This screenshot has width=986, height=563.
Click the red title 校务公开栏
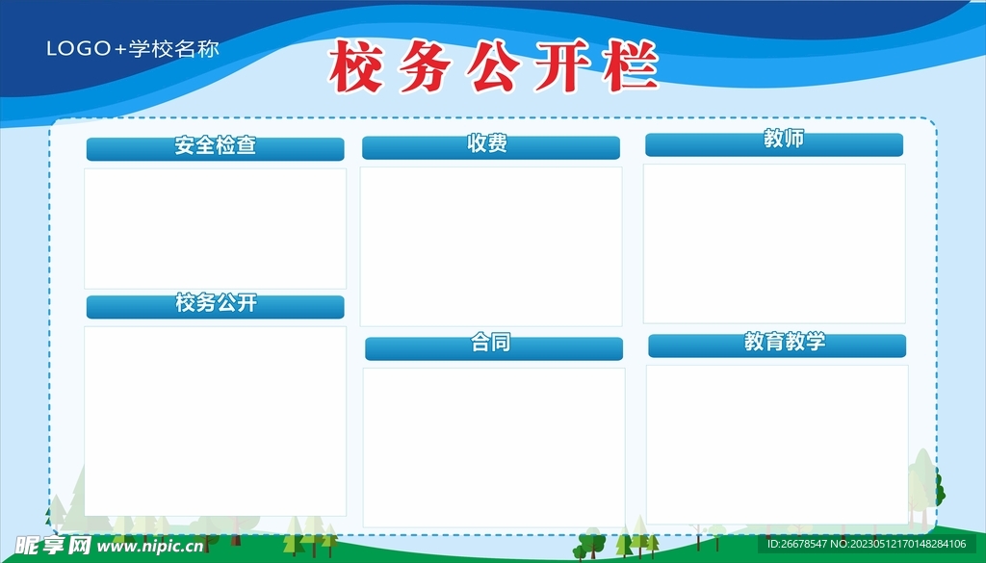(x=493, y=66)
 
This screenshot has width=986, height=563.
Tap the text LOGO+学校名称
(x=133, y=49)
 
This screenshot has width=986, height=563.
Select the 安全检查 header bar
(x=215, y=149)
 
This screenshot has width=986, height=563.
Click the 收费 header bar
(x=491, y=147)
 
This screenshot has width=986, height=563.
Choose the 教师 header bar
(x=774, y=144)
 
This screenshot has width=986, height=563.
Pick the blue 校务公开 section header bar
(x=215, y=307)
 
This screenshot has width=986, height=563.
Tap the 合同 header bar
(x=494, y=348)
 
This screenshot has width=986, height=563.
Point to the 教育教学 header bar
(x=777, y=345)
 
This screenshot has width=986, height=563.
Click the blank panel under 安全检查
(x=215, y=229)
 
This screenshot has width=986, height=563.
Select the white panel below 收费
(x=491, y=246)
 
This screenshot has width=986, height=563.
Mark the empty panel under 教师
(x=774, y=243)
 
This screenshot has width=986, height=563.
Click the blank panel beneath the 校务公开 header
(x=215, y=422)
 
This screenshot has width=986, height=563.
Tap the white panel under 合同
(x=494, y=448)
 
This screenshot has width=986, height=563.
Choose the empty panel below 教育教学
(x=777, y=445)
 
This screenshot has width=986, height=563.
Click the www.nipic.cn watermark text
(x=150, y=546)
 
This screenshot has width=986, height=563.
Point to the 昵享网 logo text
(x=53, y=546)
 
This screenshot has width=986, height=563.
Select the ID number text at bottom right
(x=867, y=544)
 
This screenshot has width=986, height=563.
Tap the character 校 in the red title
(x=356, y=66)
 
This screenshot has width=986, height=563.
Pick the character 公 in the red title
(x=494, y=66)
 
